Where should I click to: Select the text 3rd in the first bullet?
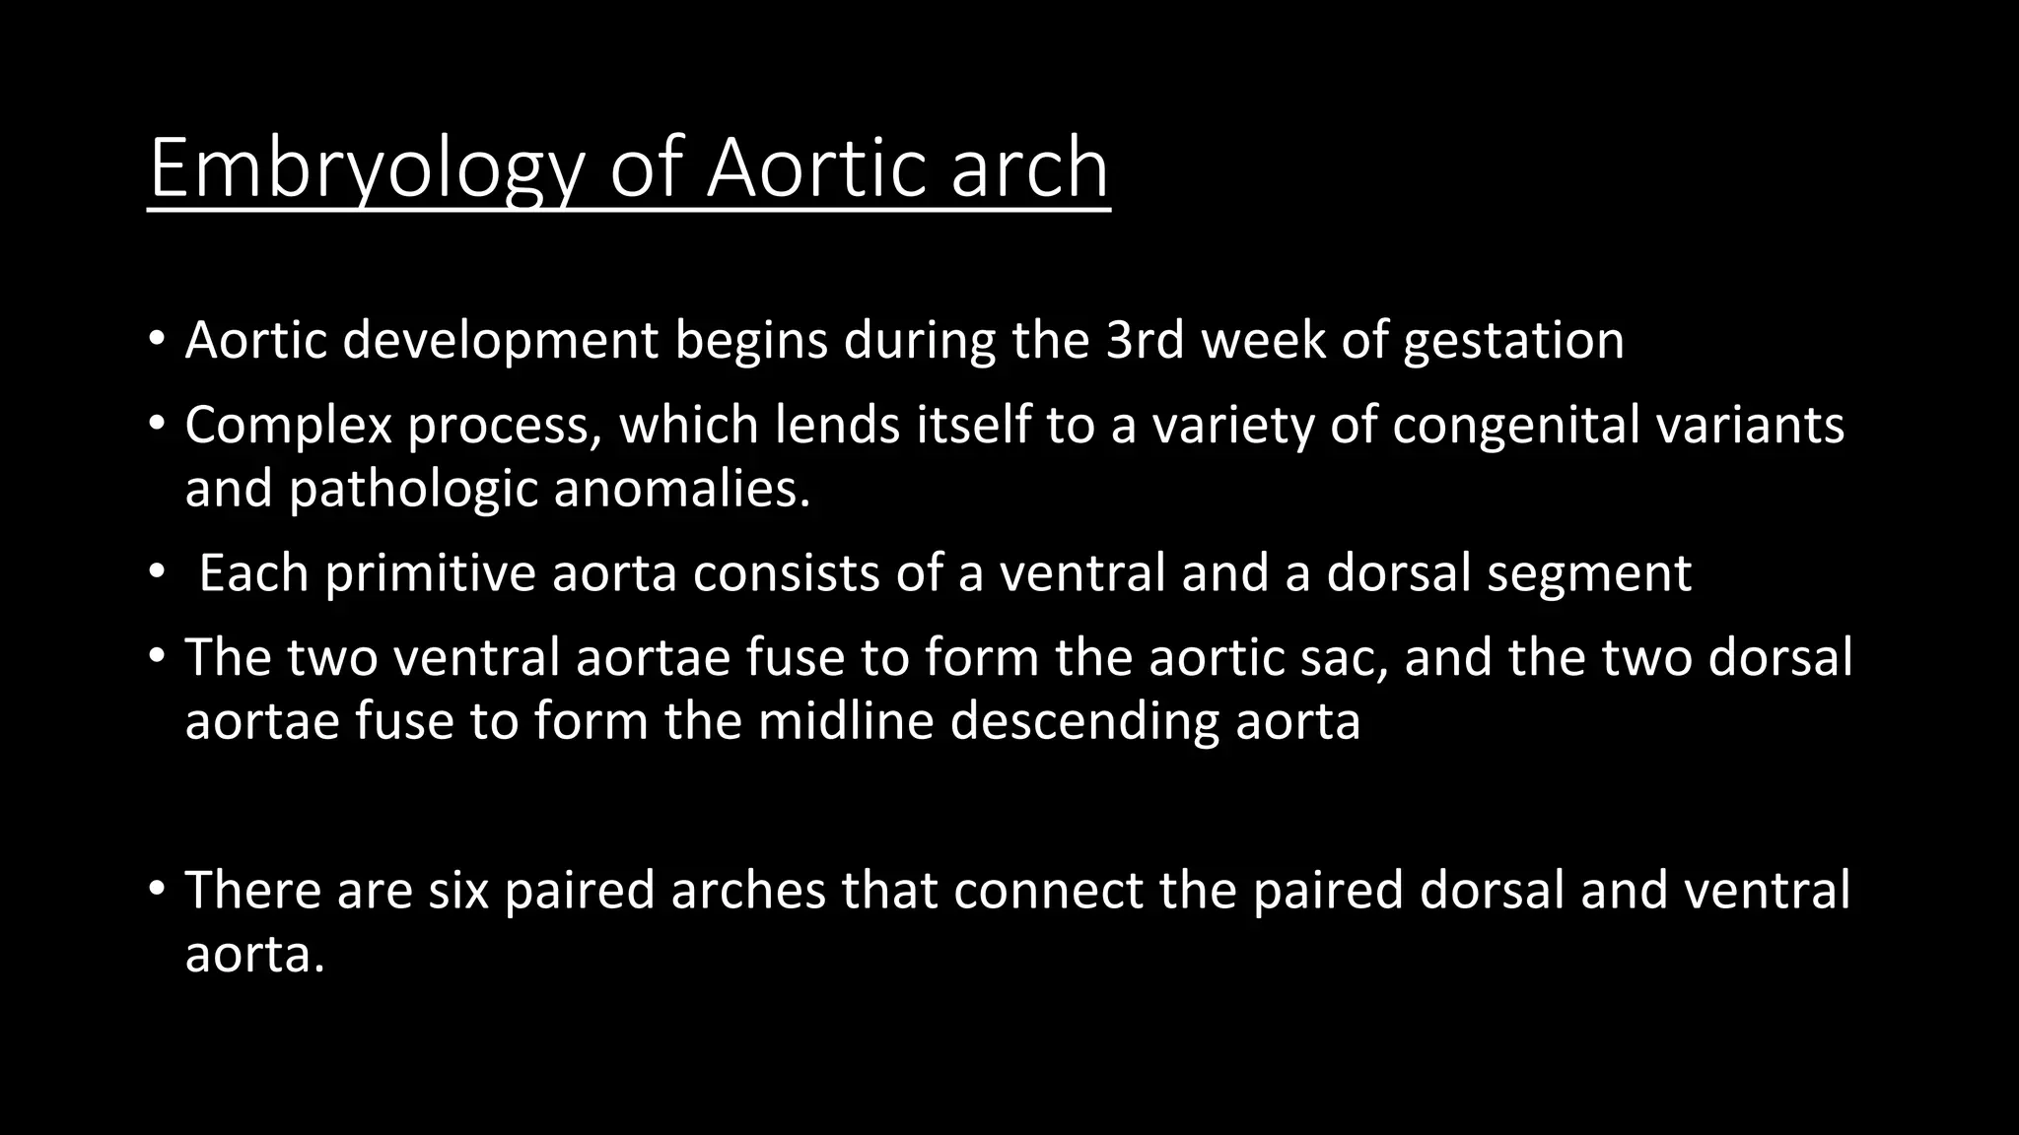[1145, 341]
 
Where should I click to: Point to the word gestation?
[1513, 343]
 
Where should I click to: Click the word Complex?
[289, 427]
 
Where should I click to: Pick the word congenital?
[1515, 427]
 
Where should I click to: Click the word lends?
[837, 425]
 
